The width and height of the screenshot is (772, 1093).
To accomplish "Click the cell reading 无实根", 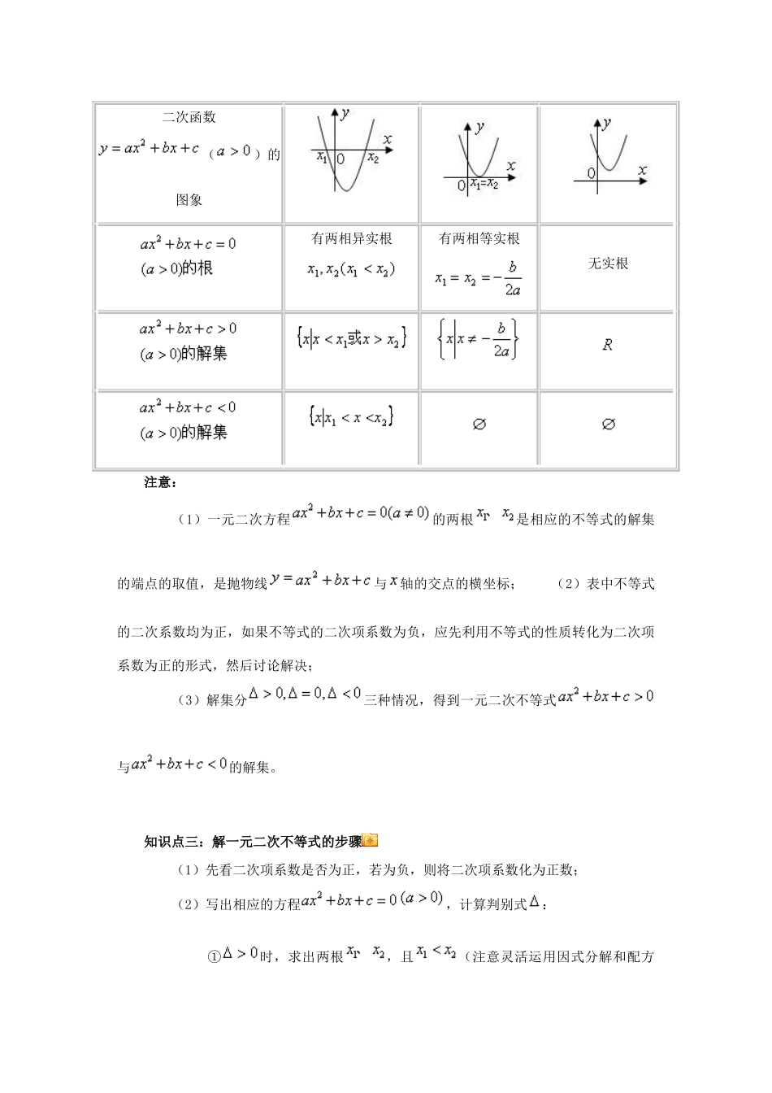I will [608, 263].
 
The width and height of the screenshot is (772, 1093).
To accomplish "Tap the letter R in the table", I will [607, 345].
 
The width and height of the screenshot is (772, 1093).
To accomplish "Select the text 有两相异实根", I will [351, 238].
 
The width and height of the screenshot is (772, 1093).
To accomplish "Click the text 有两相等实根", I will [479, 238].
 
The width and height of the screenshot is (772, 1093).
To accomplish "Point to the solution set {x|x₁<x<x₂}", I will [351, 417].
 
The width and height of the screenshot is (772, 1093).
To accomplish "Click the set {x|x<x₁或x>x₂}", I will [351, 338].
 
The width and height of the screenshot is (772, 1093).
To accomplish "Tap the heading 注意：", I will [160, 482].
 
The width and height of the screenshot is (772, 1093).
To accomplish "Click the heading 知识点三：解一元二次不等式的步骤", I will [253, 842].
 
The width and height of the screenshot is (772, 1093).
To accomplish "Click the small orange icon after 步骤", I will [371, 841].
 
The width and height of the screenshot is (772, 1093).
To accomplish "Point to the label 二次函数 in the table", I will [189, 117].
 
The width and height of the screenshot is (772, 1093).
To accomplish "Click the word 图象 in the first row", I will [189, 199].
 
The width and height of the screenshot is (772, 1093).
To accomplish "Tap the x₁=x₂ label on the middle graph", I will [484, 185].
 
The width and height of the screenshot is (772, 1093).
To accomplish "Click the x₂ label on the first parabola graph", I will [373, 159].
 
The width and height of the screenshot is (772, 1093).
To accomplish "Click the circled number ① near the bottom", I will [215, 956].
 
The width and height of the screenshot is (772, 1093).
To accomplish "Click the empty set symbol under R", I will [608, 424].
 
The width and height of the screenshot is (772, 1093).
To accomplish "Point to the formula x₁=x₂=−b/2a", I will [479, 278].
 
